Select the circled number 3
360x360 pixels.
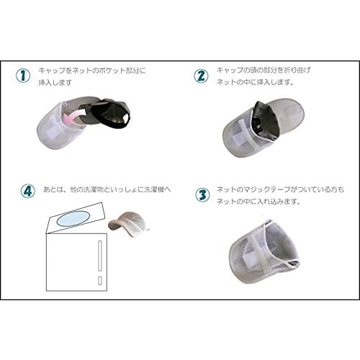[202, 195]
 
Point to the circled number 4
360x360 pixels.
[27, 192]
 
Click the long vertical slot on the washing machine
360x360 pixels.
[98, 256]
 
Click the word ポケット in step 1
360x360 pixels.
[104, 71]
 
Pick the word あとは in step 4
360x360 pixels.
[52, 189]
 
